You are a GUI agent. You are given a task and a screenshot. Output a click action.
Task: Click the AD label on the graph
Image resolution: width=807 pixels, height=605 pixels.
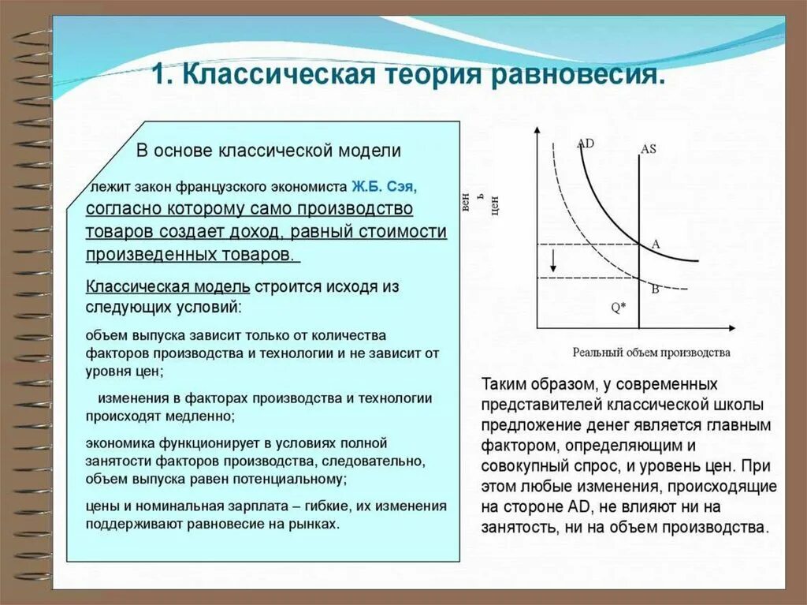[x=586, y=144]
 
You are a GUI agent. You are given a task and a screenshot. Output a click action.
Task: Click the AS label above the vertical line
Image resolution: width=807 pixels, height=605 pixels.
[x=649, y=148]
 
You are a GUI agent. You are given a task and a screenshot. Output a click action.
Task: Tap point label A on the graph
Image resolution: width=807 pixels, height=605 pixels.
[x=655, y=245]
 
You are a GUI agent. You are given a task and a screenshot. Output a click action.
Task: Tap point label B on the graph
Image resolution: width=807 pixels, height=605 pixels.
[x=654, y=289]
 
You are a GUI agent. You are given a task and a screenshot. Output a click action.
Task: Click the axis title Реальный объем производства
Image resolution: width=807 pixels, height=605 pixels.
[x=651, y=352]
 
